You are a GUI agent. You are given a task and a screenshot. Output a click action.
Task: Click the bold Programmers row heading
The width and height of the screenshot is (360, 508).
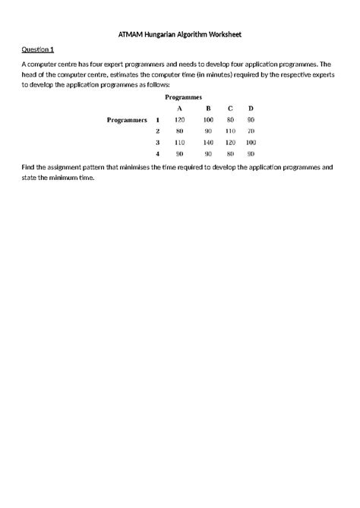point(127,120)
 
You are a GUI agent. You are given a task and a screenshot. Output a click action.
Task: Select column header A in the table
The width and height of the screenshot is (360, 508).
point(180,109)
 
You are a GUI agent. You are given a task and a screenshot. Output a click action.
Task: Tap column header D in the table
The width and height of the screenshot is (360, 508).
point(251,109)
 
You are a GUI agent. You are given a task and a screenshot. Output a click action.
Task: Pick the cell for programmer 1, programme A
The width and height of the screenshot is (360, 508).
point(180,120)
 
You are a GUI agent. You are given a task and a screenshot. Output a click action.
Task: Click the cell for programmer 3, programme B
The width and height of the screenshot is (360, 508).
point(208,142)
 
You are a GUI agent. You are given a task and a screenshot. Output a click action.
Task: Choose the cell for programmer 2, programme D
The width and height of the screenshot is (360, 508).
point(251,131)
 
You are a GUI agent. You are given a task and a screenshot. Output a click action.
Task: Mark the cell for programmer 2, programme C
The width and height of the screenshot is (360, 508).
point(230,131)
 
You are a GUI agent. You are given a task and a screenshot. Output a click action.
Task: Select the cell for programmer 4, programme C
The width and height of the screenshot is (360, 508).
point(230,153)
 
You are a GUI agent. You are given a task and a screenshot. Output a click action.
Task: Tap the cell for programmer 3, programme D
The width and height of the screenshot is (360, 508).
point(251,142)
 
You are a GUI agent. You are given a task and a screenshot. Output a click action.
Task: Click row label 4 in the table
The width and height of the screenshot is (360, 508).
point(157,153)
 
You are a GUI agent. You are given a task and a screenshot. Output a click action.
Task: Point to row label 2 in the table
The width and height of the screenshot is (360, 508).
point(157,131)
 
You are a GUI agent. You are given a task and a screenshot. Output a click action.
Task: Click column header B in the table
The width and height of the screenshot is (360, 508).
point(208,109)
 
